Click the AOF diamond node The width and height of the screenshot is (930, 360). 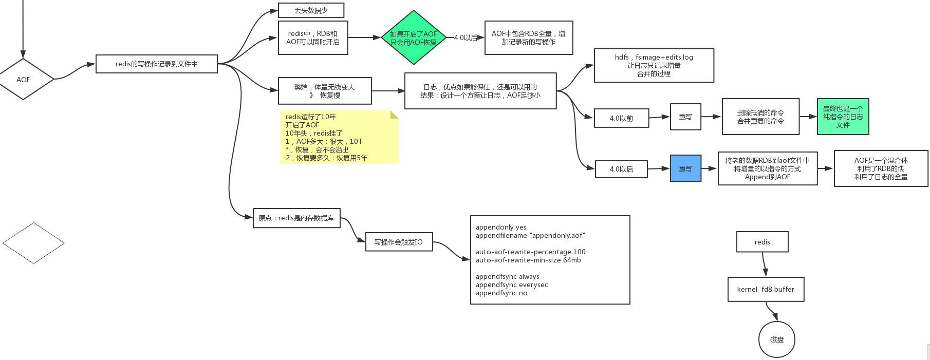click(23, 80)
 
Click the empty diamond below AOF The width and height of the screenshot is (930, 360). click(33, 243)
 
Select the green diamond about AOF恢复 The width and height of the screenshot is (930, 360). click(413, 37)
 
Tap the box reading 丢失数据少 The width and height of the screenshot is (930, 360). click(311, 10)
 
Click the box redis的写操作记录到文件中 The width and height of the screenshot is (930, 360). click(156, 64)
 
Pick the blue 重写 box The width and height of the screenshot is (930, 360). click(685, 168)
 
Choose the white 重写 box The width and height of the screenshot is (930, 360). click(685, 117)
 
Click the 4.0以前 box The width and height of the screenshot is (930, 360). click(621, 118)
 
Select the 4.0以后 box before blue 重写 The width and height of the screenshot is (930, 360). click(621, 169)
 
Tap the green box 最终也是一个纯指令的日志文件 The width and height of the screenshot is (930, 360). click(843, 117)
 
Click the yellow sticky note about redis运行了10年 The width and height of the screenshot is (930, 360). click(339, 137)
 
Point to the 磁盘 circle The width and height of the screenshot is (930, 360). click(776, 339)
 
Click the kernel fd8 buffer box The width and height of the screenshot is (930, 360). click(766, 289)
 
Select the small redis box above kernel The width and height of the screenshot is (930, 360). click(762, 242)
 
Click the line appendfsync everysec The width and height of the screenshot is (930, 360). click(512, 285)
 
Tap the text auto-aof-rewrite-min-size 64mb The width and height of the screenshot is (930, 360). click(528, 260)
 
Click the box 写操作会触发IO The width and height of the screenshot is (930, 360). click(399, 242)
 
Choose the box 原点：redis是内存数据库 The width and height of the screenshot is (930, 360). click(296, 218)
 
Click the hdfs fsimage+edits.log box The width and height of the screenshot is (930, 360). click(654, 65)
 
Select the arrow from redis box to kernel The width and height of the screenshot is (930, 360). click(764, 265)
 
